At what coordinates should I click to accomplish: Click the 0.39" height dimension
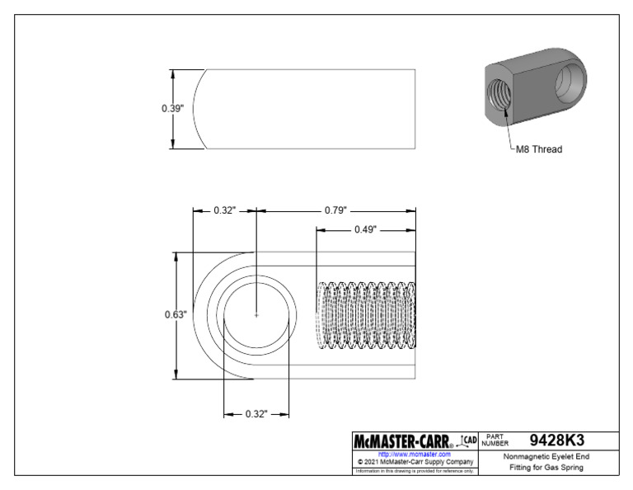[170, 109]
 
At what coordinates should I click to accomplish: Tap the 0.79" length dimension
[335, 210]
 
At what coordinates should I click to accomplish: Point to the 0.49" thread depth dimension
[366, 230]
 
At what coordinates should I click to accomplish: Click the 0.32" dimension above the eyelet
[224, 210]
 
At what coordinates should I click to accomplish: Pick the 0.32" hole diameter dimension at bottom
[256, 413]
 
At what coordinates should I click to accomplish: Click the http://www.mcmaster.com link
[414, 454]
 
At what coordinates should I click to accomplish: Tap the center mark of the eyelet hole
[257, 314]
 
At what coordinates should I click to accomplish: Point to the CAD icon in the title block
[467, 440]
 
